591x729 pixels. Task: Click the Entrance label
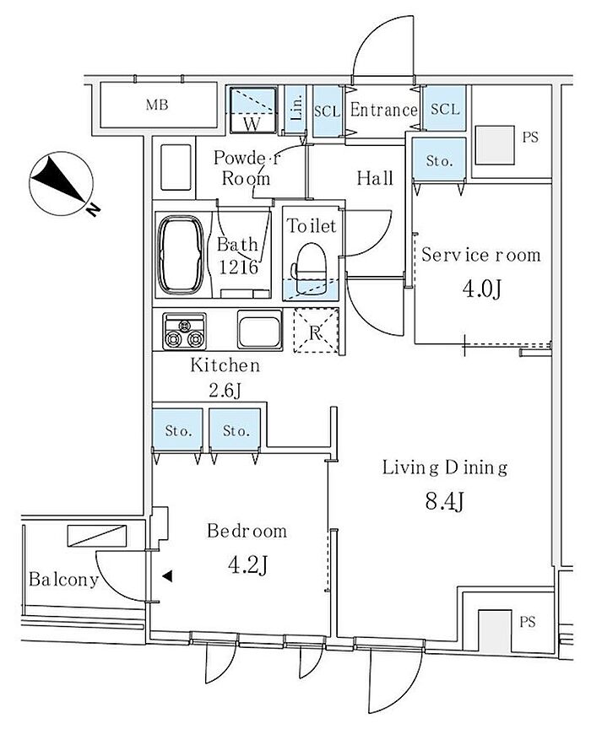coord(383,110)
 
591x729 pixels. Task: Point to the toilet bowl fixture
coord(310,261)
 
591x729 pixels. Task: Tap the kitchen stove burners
coord(184,332)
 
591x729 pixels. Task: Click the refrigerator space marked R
coord(315,332)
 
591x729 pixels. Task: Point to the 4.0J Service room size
coord(483,290)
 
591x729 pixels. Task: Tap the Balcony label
coord(63,580)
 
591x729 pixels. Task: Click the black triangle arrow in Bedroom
coord(167,577)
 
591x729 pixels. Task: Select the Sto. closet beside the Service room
coord(439,159)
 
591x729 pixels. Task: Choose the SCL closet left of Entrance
coord(327,111)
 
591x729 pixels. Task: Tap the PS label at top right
coord(530,138)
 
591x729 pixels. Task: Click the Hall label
coord(375,178)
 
